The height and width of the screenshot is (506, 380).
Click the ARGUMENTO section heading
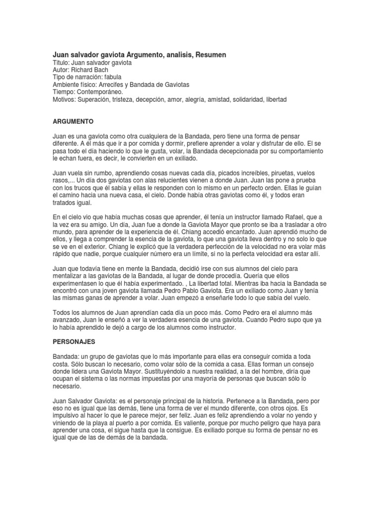(x=73, y=121)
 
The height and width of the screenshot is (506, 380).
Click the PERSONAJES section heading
(x=74, y=341)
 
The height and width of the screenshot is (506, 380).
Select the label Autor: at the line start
(x=61, y=70)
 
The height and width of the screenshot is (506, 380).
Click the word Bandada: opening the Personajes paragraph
(x=67, y=356)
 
